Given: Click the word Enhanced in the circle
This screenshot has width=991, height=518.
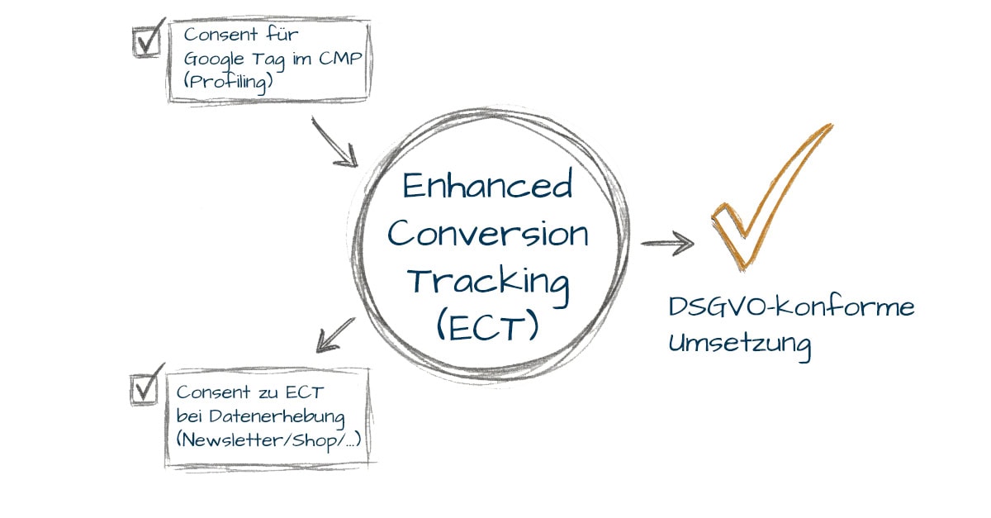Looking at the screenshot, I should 487,186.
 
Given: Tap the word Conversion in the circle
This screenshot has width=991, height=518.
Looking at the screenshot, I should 488,234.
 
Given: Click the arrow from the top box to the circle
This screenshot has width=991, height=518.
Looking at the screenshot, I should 334,142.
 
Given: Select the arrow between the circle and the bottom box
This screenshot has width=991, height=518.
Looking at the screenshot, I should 334,334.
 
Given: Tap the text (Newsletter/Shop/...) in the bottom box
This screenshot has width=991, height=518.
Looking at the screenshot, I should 268,439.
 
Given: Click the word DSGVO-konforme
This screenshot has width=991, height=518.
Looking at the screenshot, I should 791,308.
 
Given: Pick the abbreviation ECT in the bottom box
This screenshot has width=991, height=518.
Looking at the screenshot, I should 289,392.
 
